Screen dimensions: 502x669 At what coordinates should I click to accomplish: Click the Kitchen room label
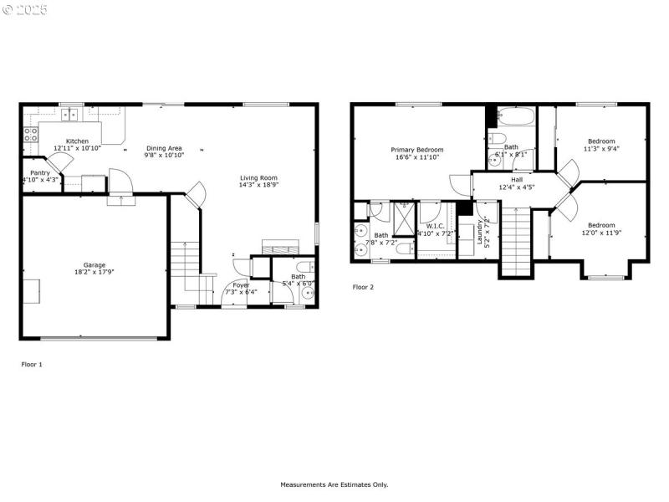coord(77,141)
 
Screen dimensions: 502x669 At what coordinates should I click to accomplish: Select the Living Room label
coord(258,177)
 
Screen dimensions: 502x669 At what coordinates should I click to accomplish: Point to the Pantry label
coord(40,172)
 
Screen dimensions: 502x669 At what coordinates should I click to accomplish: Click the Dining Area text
coord(164,148)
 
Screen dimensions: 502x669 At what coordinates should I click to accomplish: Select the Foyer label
coord(241,285)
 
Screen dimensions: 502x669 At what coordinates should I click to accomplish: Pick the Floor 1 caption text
coord(32,364)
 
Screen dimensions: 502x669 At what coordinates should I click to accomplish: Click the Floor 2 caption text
coord(363,287)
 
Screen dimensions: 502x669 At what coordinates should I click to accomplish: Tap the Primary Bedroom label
coord(417,150)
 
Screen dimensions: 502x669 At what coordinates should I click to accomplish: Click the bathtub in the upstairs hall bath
coord(513,116)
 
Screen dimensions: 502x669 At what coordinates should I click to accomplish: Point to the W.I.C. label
coord(435,226)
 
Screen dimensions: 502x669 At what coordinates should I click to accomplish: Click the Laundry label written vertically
coord(482,231)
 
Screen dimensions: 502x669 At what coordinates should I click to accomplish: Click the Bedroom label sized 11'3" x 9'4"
coord(600,141)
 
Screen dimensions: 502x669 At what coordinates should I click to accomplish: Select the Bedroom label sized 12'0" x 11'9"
coord(600,225)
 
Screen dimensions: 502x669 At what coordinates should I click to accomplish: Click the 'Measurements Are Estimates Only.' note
coord(334,484)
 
